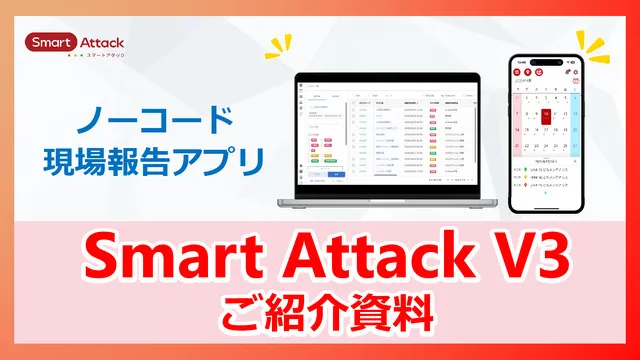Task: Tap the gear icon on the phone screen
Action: coord(566,73)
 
